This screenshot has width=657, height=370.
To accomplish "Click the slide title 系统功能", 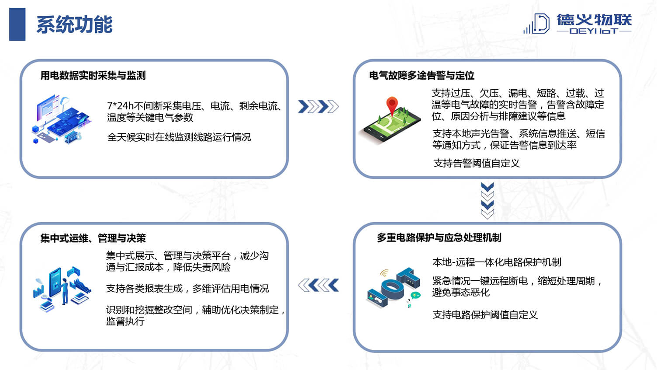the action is pyautogui.click(x=74, y=24).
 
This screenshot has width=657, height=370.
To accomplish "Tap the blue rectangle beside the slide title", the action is pyautogui.click(x=17, y=24).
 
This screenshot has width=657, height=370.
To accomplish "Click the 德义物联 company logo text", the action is pyautogui.click(x=594, y=20).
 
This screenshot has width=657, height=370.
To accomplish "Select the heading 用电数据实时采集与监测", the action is pyautogui.click(x=93, y=76).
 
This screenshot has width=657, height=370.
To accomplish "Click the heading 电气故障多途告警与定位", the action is pyautogui.click(x=422, y=76).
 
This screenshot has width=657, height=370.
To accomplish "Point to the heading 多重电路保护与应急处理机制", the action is pyautogui.click(x=439, y=237).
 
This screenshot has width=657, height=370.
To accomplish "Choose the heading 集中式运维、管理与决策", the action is pyautogui.click(x=93, y=238).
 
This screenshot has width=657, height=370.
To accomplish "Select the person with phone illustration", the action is pyautogui.click(x=62, y=289).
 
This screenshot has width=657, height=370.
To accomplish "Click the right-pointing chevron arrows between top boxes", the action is pyautogui.click(x=318, y=106).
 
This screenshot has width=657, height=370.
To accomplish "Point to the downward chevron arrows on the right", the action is pyautogui.click(x=488, y=201).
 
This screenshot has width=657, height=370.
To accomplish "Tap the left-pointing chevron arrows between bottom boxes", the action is pyautogui.click(x=318, y=285).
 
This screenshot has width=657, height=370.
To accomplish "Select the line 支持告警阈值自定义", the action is pyautogui.click(x=477, y=163).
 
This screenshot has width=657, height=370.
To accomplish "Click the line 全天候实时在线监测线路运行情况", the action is pyautogui.click(x=179, y=137).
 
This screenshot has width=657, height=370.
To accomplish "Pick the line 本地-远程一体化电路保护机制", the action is pyautogui.click(x=497, y=262).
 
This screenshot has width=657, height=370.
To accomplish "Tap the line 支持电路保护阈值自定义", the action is pyautogui.click(x=485, y=315).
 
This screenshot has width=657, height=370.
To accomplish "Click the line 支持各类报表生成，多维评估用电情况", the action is pyautogui.click(x=187, y=288).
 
